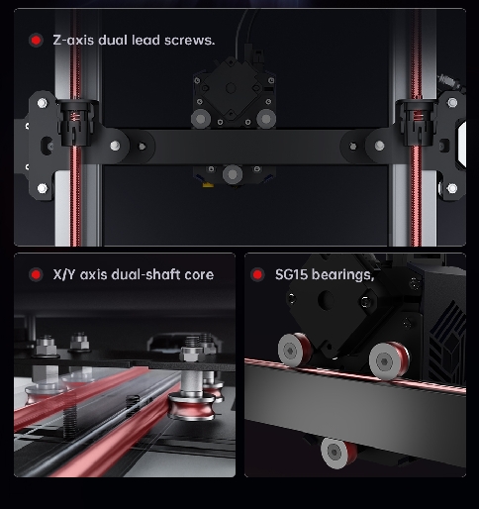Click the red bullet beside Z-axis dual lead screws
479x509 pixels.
pyautogui.click(x=36, y=41)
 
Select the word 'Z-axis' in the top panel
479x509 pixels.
pyautogui.click(x=73, y=41)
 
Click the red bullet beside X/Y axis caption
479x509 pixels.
pyautogui.click(x=36, y=274)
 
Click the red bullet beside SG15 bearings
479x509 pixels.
pyautogui.click(x=257, y=274)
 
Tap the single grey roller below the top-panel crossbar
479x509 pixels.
pyautogui.click(x=233, y=174)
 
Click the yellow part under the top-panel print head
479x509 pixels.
pyautogui.click(x=208, y=184)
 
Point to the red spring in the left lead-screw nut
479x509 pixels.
pyautogui.click(x=75, y=116)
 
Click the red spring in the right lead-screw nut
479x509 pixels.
pyautogui.click(x=419, y=116)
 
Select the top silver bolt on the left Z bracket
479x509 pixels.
pyautogui.click(x=42, y=103)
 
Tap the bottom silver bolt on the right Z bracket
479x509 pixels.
pyautogui.click(x=452, y=188)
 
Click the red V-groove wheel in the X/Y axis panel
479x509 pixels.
pyautogui.click(x=191, y=406)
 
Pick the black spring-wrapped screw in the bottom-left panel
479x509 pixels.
pyautogui.click(x=69, y=418)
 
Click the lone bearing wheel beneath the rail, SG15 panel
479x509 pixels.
pyautogui.click(x=338, y=453)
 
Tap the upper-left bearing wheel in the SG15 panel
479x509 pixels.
pyautogui.click(x=294, y=350)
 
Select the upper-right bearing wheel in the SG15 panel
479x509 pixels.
pyautogui.click(x=389, y=361)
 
